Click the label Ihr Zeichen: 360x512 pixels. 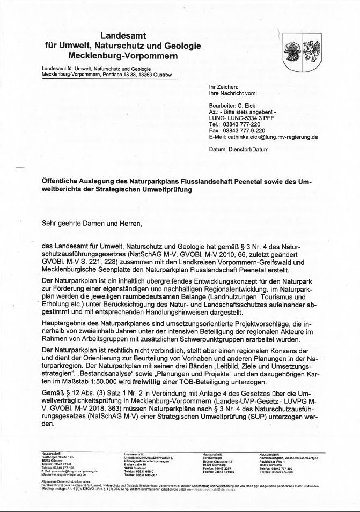pos(223,87)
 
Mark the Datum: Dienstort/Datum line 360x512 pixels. pos(238,150)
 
